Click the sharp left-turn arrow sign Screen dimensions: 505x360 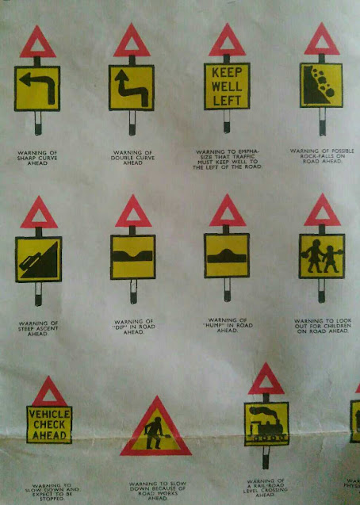tap(37, 88)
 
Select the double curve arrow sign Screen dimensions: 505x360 tap(132, 87)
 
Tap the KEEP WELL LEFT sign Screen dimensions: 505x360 tap(227, 86)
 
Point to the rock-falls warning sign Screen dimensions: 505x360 tap(321, 85)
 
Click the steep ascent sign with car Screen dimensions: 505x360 tap(38, 259)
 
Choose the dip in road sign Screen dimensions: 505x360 tap(132, 257)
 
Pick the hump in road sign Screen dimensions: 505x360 tap(227, 256)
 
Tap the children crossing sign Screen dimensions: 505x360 tap(321, 256)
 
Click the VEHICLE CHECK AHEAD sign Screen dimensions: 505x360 tap(49, 424)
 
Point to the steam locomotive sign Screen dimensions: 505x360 tap(266, 425)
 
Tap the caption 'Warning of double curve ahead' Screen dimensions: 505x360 tap(132, 154)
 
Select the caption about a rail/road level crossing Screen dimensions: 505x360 tap(266, 487)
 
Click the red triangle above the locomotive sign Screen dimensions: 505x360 tap(266, 381)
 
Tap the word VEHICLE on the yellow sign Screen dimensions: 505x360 tap(49, 415)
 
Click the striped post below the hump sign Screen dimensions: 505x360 tap(227, 293)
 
